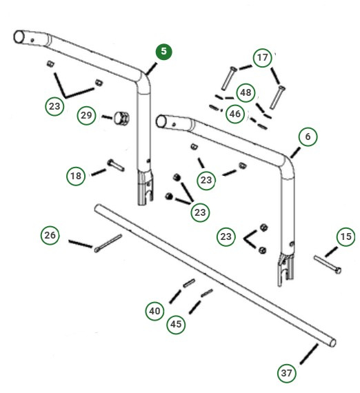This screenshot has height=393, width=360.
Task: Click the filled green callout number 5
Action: (x=163, y=52)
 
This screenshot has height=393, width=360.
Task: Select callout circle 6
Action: (x=308, y=137)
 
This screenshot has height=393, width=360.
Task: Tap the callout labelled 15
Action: (x=346, y=237)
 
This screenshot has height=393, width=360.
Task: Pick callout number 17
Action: (x=262, y=58)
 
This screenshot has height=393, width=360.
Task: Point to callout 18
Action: (x=77, y=176)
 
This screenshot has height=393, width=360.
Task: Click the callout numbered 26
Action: (x=50, y=235)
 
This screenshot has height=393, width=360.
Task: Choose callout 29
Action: (x=86, y=114)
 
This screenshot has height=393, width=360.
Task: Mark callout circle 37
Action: (x=287, y=373)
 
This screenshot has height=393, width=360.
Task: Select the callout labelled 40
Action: (x=155, y=311)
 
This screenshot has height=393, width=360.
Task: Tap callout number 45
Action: (x=177, y=323)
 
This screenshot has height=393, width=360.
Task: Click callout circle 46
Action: (x=235, y=114)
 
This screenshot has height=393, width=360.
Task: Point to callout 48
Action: (x=245, y=92)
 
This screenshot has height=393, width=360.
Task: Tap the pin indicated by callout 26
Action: (x=108, y=243)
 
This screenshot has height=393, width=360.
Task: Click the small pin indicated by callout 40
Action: (x=190, y=283)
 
